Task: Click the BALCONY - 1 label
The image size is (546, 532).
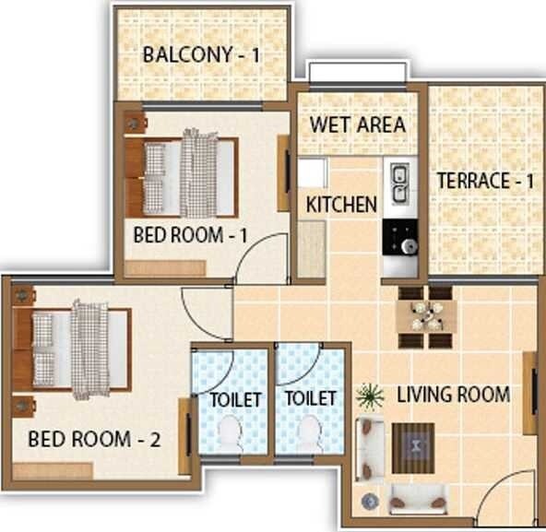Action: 201,55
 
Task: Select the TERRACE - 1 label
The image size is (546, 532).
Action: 485,180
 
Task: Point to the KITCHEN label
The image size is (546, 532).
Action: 341,204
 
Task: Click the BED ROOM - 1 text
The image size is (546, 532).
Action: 191,235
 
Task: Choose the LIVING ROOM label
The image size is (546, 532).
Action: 453,395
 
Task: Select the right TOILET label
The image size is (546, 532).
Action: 310,399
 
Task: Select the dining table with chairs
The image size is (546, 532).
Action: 425,316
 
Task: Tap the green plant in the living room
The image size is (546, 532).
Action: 370,396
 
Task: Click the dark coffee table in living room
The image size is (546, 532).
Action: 413,447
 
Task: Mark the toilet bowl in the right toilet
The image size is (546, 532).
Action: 309,433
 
